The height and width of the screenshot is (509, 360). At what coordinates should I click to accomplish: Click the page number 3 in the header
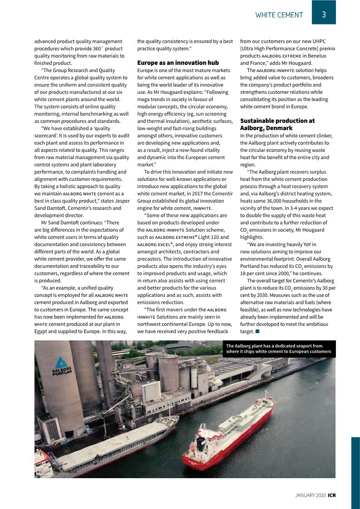(324, 15)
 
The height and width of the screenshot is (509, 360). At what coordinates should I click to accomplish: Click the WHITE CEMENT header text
(279, 15)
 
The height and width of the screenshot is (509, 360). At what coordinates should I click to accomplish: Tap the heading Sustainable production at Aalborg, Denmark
(277, 124)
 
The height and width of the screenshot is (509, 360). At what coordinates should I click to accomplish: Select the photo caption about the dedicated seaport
(279, 349)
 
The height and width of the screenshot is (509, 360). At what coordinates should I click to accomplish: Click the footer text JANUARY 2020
(310, 495)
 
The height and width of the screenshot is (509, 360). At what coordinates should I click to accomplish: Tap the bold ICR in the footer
(332, 495)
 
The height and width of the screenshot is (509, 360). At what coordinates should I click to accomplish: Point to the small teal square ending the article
(258, 332)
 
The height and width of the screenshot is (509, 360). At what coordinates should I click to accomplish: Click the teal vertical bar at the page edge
(355, 471)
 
